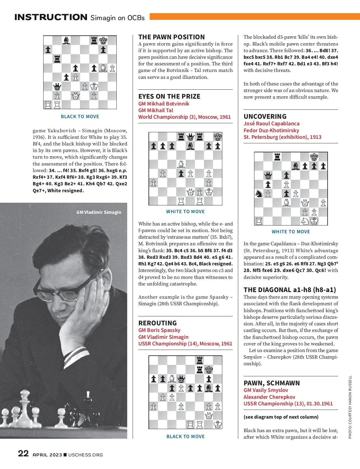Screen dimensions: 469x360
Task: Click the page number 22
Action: tap(23, 453)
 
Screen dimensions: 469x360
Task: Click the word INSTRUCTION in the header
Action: tap(51, 17)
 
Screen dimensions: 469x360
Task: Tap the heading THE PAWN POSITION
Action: tap(171, 37)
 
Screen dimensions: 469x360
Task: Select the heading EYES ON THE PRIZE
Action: tap(169, 97)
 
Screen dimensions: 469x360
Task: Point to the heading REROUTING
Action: tap(157, 323)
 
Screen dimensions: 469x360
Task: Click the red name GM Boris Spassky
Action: tap(159, 330)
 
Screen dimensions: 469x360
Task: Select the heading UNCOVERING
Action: tap(265, 117)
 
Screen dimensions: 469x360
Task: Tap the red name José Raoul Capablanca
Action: tap(271, 124)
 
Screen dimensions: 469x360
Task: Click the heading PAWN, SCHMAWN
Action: tap(271, 383)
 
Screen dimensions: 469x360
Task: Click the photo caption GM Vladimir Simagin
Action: tap(99, 212)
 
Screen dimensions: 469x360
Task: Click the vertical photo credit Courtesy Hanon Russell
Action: tap(350, 407)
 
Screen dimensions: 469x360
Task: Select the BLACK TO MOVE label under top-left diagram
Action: tap(80, 117)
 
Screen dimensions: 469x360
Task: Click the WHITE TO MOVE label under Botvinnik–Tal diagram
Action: tap(185, 212)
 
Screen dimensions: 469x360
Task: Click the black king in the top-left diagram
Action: tap(103, 40)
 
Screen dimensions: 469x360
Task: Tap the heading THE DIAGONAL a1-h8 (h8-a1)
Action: tap(289, 290)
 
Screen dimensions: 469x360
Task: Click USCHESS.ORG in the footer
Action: tap(85, 455)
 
